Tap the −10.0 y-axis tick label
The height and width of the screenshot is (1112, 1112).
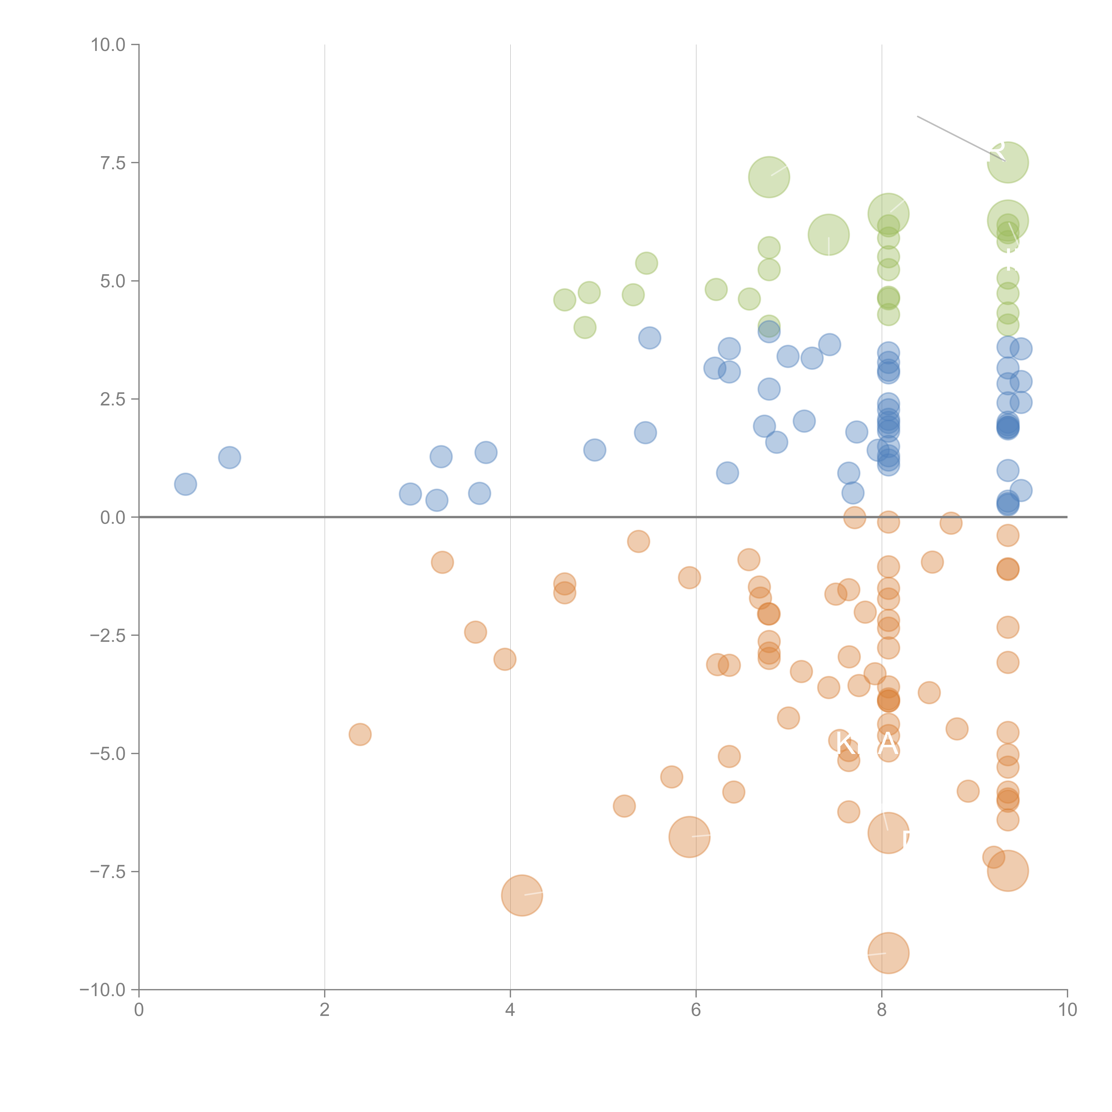pyautogui.click(x=103, y=990)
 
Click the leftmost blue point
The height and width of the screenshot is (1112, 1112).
pyautogui.click(x=185, y=484)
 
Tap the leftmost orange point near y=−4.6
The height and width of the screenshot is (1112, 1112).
pyautogui.click(x=360, y=734)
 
